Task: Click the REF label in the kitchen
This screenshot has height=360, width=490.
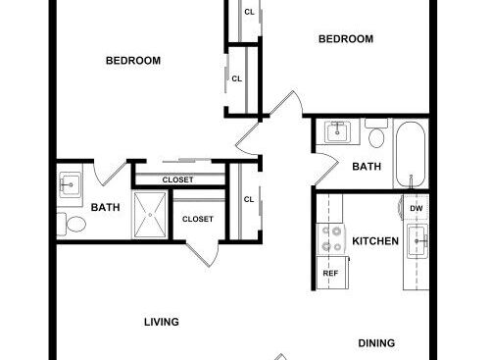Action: click(x=330, y=273)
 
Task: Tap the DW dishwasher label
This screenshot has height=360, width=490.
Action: click(x=416, y=208)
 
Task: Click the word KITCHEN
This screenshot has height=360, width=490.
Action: click(x=375, y=241)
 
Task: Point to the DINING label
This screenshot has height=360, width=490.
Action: click(x=376, y=343)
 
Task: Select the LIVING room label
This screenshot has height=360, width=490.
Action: click(x=162, y=322)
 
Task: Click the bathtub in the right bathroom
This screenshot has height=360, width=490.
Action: click(x=411, y=154)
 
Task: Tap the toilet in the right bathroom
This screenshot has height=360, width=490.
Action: click(x=376, y=133)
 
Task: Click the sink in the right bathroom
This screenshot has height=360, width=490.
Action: click(x=338, y=131)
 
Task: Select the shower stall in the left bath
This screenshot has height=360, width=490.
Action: click(x=150, y=215)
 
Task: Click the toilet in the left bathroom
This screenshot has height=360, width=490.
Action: click(x=72, y=224)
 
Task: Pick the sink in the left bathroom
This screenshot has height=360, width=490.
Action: click(x=70, y=185)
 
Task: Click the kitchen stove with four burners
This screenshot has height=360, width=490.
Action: click(x=331, y=238)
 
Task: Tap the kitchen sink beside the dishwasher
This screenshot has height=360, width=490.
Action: click(x=417, y=241)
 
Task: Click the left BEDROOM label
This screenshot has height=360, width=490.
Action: click(x=133, y=61)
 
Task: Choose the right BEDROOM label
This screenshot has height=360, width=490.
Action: click(x=346, y=39)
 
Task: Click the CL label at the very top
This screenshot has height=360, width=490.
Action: click(x=249, y=12)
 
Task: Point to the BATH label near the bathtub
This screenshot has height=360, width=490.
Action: click(x=367, y=167)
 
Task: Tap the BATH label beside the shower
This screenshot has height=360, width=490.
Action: click(x=105, y=207)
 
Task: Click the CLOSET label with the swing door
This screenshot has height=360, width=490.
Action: click(x=198, y=219)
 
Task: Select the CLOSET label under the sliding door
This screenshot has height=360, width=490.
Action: click(x=177, y=180)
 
